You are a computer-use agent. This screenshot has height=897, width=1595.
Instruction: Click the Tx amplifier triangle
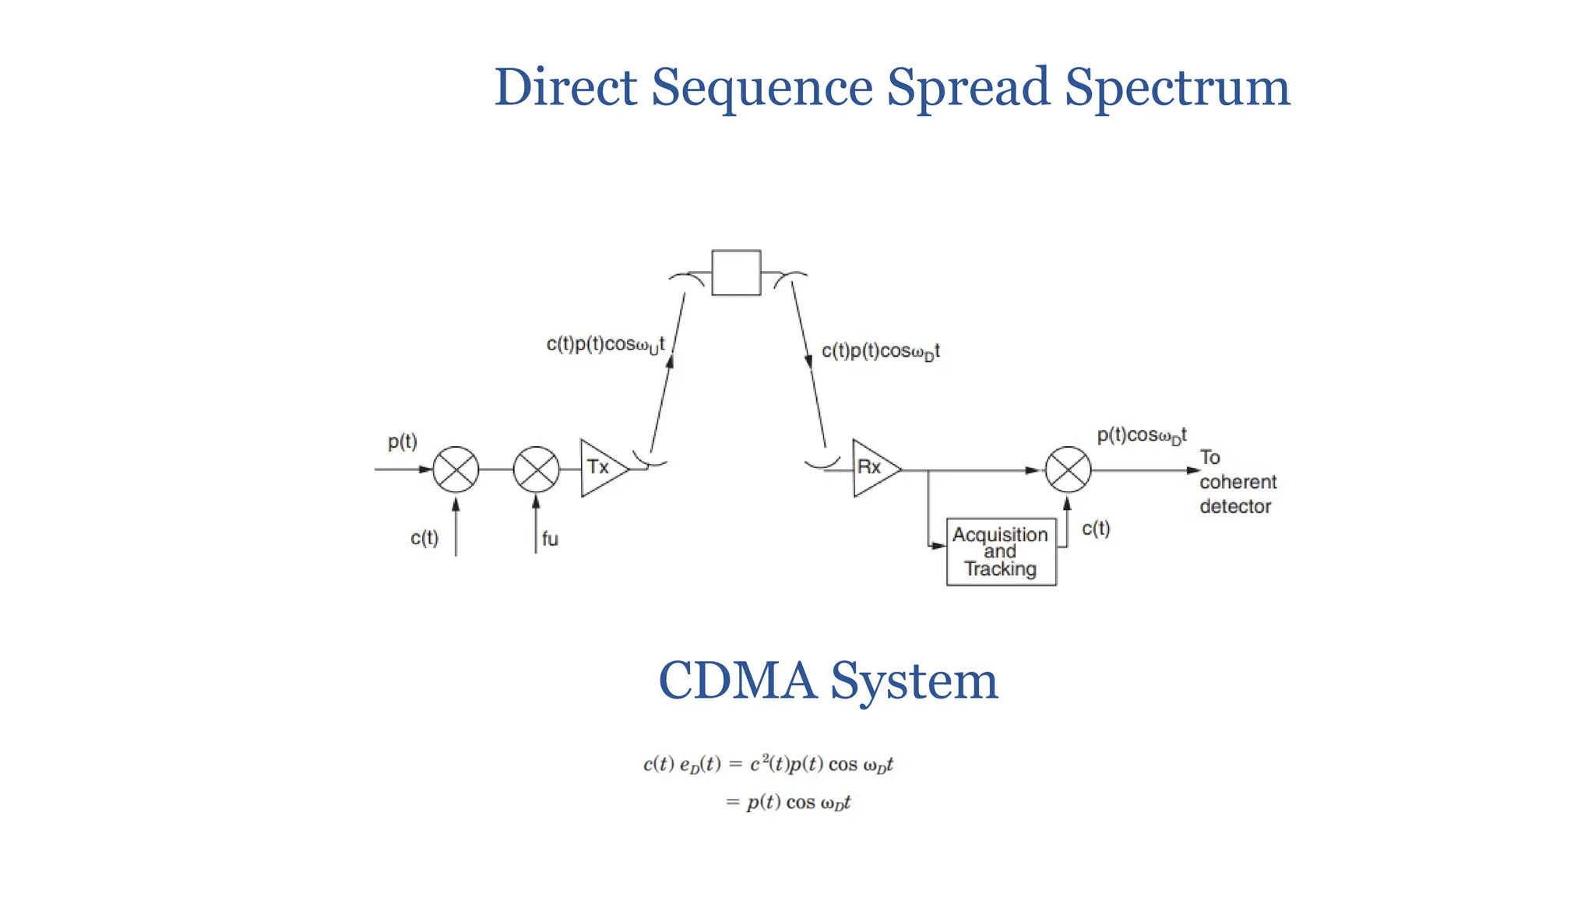[x=600, y=468]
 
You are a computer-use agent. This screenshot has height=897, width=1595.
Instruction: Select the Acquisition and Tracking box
[x=1001, y=551]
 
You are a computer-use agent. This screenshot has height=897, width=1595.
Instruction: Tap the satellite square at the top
[x=736, y=273]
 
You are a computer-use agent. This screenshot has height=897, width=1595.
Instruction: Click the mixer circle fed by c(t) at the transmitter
[x=456, y=470]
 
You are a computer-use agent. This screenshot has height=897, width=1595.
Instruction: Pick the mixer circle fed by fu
[x=537, y=470]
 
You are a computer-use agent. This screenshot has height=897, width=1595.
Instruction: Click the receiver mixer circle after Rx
[x=1068, y=470]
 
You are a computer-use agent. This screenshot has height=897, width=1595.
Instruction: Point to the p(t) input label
[x=403, y=442]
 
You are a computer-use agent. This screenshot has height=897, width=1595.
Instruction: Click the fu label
[x=550, y=539]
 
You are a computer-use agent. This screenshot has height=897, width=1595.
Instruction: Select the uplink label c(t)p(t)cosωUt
[x=605, y=345]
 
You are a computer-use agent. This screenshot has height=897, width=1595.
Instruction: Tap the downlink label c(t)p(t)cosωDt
[x=880, y=352]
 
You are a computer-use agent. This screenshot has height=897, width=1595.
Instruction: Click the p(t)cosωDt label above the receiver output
[x=1141, y=435]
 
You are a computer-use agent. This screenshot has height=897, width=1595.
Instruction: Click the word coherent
[x=1238, y=482]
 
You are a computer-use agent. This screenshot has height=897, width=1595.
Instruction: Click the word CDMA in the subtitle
[x=737, y=681]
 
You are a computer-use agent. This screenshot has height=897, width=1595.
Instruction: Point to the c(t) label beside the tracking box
[x=1096, y=529]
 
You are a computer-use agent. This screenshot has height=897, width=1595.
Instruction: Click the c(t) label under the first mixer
[x=424, y=538]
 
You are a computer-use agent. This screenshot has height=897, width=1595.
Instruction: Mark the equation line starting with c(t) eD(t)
[x=768, y=765]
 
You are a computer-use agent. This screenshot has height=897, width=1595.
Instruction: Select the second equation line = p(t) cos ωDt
[x=788, y=802]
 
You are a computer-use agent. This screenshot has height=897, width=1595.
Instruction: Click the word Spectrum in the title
[x=1177, y=87]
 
